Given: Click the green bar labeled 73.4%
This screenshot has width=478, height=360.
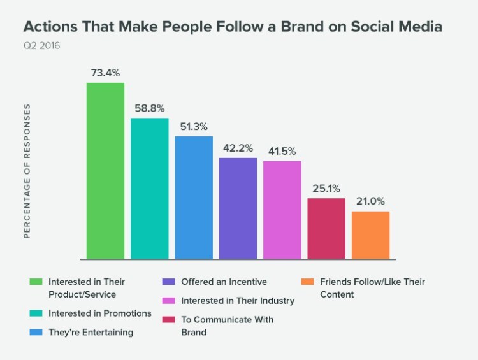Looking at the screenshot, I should click(x=105, y=171).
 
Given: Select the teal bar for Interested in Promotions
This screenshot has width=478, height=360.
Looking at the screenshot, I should click(x=150, y=189).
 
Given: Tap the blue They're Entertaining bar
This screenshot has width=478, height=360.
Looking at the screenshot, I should click(x=194, y=198).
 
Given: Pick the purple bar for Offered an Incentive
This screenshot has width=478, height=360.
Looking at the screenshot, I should click(x=238, y=208).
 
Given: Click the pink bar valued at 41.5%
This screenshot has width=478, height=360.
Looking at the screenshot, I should click(x=282, y=210).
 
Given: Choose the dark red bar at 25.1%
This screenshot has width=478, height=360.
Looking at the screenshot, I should click(x=326, y=229).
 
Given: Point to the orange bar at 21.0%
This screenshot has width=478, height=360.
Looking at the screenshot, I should click(x=370, y=235).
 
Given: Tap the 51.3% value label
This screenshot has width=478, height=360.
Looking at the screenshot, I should click(x=194, y=126).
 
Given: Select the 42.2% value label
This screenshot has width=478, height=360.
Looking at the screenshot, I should click(x=238, y=147).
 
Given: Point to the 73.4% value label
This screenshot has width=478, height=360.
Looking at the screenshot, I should click(x=105, y=73).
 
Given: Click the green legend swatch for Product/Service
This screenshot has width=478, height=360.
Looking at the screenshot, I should click(x=36, y=282).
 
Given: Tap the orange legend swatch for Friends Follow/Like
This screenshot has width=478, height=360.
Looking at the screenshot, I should click(x=307, y=282).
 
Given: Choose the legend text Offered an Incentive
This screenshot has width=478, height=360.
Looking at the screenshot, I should click(x=224, y=282).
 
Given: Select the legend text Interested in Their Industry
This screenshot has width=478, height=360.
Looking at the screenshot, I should click(x=238, y=301).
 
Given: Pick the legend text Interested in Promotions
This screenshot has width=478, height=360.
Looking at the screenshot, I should click(x=100, y=313).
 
